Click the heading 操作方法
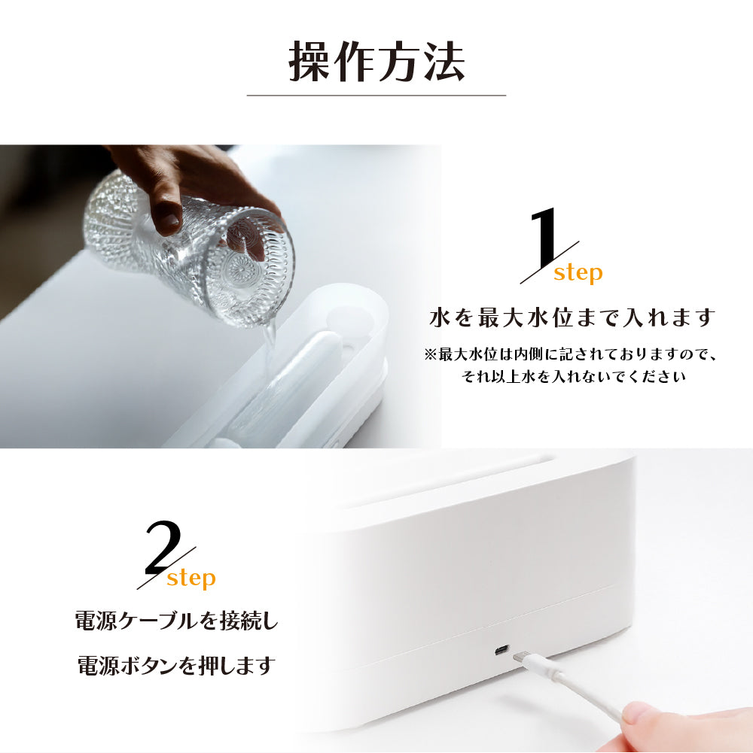pos(376,62)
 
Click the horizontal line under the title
pos(376,96)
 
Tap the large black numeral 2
pos(163,548)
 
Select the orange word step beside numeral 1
pos(578,274)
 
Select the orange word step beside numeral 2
pos(191,578)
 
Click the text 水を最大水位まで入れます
pos(573,318)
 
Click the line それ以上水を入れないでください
pos(573,376)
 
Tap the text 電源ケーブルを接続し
pos(177,621)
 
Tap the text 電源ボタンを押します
pos(176,665)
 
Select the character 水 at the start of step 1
pos(440,318)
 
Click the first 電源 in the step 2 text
pos(96,621)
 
